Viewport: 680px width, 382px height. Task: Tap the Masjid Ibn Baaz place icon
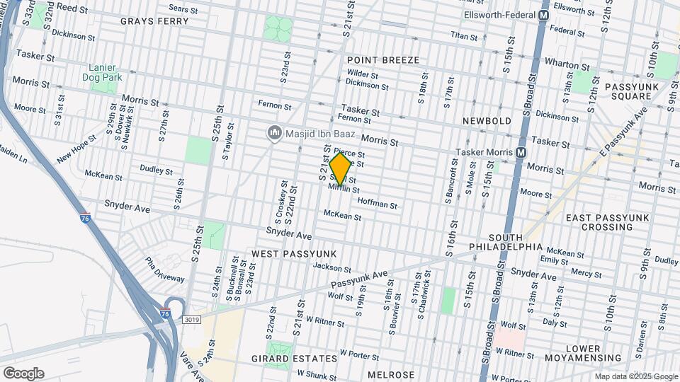pos(274,133)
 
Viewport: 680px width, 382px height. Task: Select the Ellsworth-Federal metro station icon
pos(544,15)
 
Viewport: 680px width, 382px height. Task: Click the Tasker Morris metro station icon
pos(521,153)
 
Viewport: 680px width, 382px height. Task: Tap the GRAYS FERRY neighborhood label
pos(154,21)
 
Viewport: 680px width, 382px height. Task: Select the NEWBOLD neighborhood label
pos(487,121)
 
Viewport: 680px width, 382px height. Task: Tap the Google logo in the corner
pos(23,374)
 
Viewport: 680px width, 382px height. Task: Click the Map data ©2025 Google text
pos(635,377)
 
